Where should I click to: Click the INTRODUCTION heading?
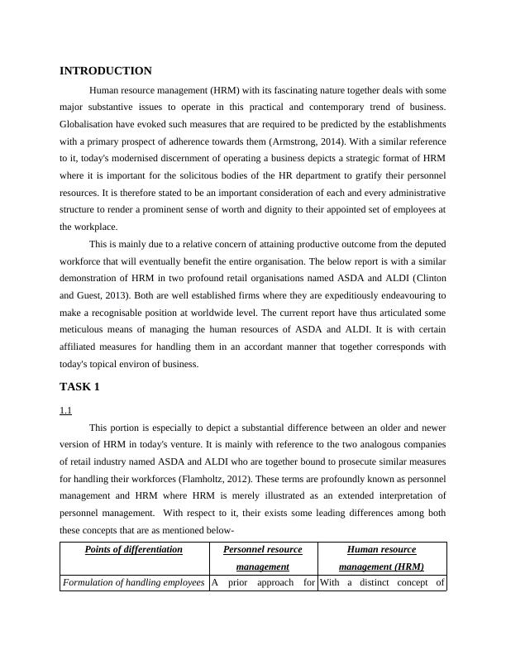coord(106,71)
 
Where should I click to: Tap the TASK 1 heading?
coord(79,386)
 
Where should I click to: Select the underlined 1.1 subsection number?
coord(65,409)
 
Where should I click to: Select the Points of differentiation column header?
coord(134,550)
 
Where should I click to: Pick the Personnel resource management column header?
coord(262,558)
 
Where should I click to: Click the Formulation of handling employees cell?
coord(134,583)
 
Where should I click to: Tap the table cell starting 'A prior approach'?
coord(262,583)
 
